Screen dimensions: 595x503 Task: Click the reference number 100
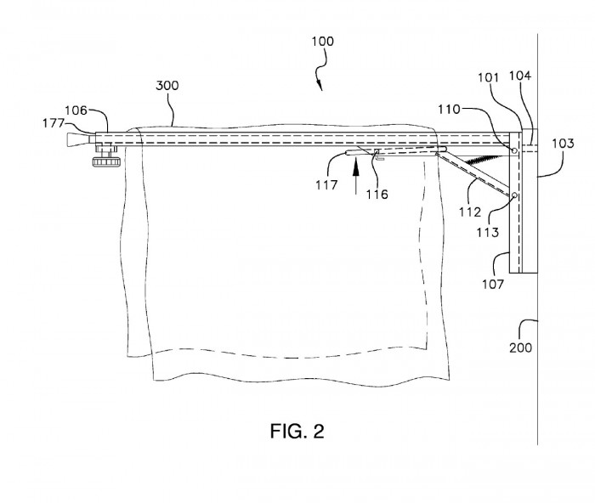point(322,41)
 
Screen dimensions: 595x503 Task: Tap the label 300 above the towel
point(167,85)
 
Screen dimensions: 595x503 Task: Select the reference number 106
point(76,110)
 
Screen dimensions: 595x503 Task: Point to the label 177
point(53,123)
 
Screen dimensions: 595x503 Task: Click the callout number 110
point(450,110)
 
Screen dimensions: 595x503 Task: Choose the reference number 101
point(488,77)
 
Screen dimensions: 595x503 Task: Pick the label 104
point(520,76)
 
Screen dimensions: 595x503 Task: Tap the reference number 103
point(563,144)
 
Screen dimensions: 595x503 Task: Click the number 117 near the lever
point(326,185)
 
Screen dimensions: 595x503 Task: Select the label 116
point(377,195)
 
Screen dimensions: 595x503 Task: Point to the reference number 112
point(470,212)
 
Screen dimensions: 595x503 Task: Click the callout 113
point(488,232)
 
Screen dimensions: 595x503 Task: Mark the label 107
point(493,284)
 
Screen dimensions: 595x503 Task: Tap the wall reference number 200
point(520,348)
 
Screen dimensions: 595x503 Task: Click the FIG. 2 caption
point(297,431)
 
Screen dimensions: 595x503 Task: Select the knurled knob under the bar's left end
point(106,162)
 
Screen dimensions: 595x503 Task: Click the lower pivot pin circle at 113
point(514,195)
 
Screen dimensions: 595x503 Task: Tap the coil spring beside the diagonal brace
point(484,159)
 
